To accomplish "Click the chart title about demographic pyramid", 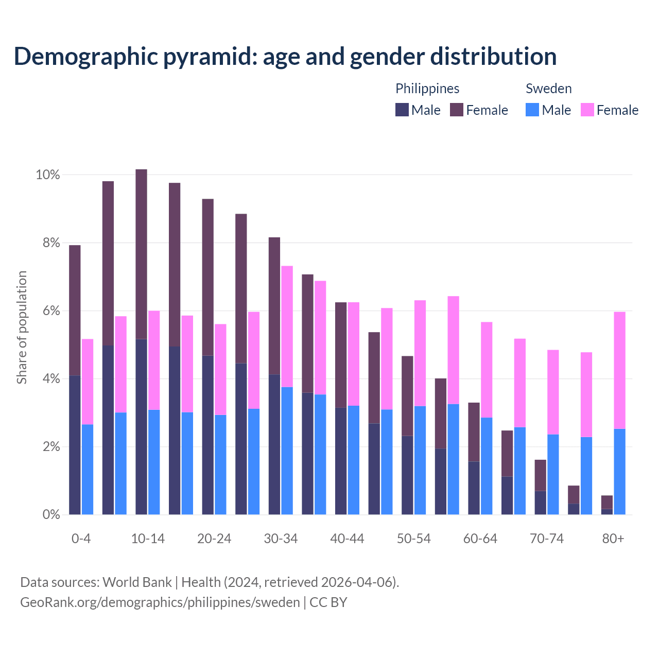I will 285,56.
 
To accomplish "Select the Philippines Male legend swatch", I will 402,110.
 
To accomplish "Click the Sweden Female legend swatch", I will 587,110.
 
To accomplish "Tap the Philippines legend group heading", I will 427,89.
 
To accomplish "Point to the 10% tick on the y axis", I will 48,175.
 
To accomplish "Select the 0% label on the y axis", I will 50,514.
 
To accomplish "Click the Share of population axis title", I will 22,327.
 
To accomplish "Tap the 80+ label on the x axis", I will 613,539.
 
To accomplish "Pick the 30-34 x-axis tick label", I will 281,539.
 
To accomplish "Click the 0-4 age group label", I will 81,539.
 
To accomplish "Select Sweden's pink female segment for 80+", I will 620,370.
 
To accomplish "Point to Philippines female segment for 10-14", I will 141,254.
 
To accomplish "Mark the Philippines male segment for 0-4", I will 75,445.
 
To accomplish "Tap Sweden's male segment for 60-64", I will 487,466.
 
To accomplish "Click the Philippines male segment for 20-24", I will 208,435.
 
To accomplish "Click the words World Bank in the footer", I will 137,582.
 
